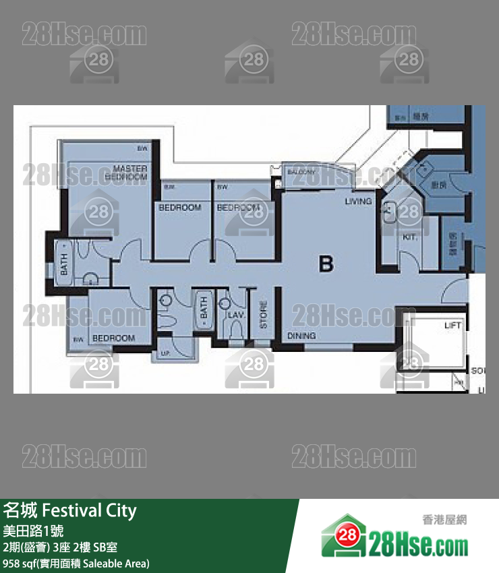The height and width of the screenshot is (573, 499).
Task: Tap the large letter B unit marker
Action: click(326, 264)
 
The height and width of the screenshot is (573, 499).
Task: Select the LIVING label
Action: click(358, 202)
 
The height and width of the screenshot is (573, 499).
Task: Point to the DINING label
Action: click(301, 335)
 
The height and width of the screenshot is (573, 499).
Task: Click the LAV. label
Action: click(235, 315)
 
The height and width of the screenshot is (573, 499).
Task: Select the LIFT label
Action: click(453, 326)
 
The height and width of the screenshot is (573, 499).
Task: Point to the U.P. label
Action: click(165, 354)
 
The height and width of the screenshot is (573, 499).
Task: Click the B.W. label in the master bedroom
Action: click(142, 148)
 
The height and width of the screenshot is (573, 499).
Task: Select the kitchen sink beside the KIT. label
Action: click(389, 212)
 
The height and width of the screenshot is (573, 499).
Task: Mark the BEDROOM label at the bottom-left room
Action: click(113, 338)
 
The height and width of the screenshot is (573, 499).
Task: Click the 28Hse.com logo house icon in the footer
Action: click(343, 536)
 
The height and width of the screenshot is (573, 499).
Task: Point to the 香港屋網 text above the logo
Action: click(444, 520)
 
